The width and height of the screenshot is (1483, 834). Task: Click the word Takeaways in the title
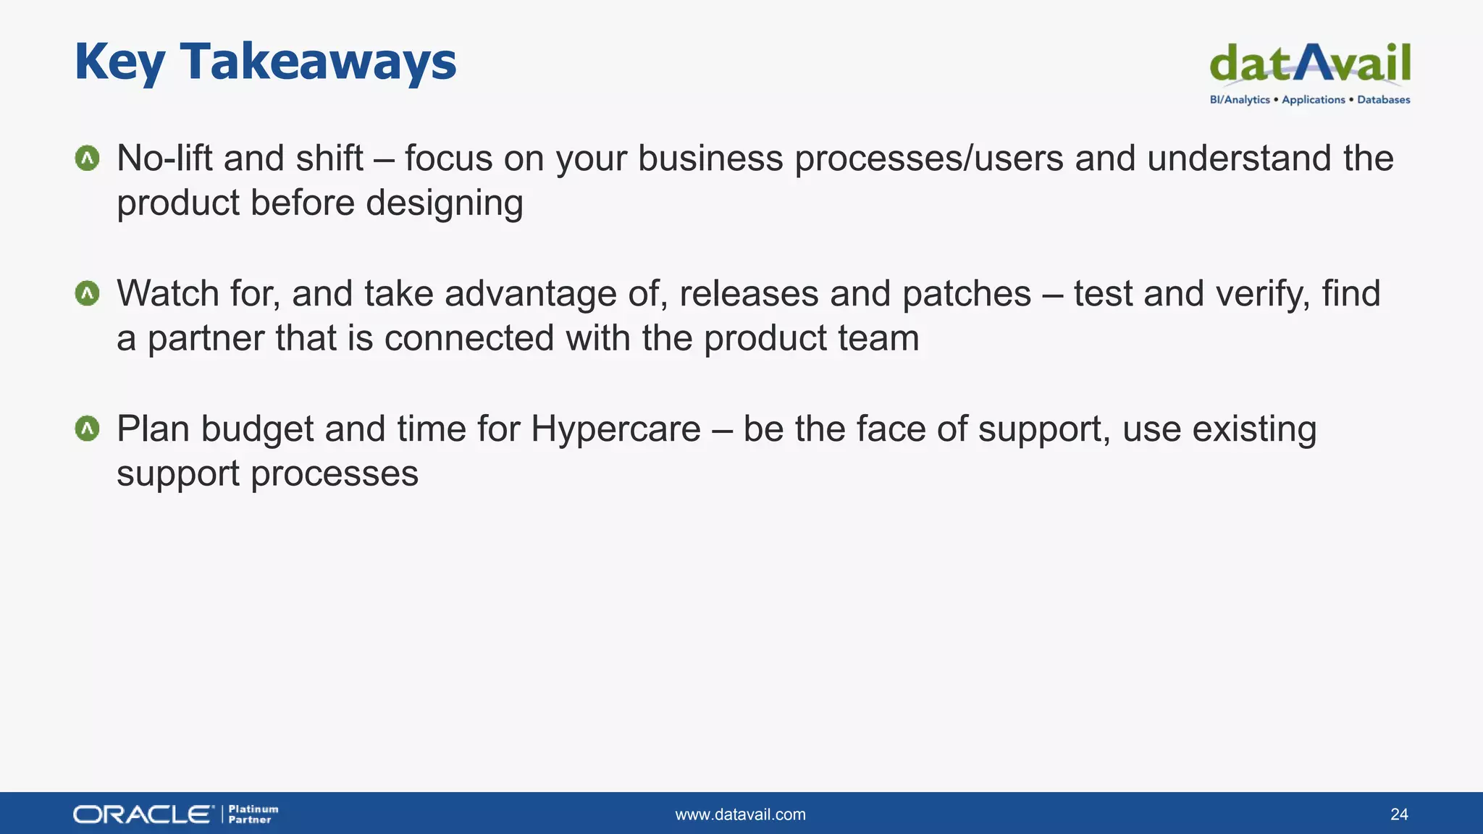tap(318, 62)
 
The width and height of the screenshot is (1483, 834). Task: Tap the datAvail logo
tap(1310, 64)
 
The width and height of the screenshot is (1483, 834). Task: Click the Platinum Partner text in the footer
tap(253, 814)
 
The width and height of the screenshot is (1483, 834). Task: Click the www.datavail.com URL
tap(740, 814)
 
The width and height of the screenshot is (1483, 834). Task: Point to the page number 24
tap(1399, 814)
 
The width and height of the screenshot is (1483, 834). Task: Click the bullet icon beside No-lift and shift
tap(88, 158)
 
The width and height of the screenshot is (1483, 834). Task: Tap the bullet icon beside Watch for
tap(88, 293)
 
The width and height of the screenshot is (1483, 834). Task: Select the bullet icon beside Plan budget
tap(88, 429)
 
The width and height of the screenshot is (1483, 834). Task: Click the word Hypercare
tap(616, 429)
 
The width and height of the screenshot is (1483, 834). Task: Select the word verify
tap(1262, 294)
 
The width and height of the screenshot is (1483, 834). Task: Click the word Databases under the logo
tap(1383, 100)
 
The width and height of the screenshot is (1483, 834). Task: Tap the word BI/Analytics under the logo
tap(1240, 100)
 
